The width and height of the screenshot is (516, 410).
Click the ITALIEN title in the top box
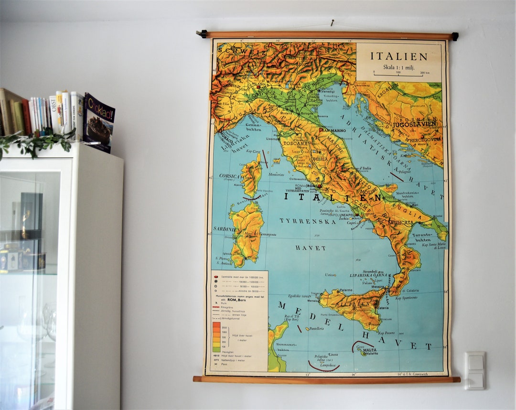[x=399, y=56]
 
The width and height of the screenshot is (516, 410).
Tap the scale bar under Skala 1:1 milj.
[x=398, y=75]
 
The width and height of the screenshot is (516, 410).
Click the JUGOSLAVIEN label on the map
[x=414, y=124]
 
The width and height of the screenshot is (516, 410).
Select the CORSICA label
[x=229, y=176]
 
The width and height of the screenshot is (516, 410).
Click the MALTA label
[x=369, y=350]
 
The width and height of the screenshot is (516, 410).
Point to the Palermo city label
[x=345, y=290]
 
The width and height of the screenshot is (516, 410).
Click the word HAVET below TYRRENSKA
[x=311, y=248]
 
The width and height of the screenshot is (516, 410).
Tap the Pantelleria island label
[x=317, y=328]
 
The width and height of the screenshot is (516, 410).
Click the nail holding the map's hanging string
[x=332, y=22]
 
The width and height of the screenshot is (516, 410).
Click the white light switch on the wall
[x=475, y=371]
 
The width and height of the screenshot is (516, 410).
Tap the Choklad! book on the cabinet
[x=99, y=122]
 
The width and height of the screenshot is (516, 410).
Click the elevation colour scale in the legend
[x=216, y=336]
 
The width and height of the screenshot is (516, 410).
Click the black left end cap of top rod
[x=203, y=34]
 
